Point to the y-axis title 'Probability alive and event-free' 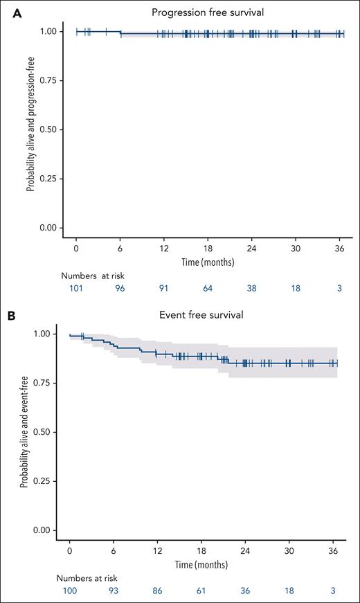point(24,431)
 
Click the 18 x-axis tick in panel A point(208,248)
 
